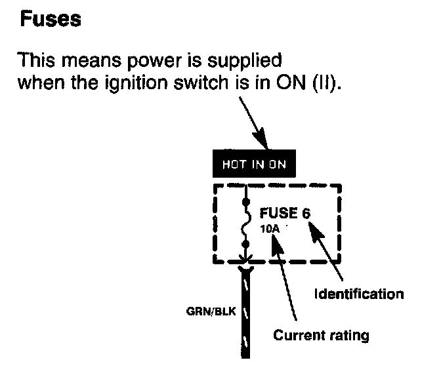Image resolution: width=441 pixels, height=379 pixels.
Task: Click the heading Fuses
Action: (50, 20)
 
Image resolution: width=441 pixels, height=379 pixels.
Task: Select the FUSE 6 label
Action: (285, 214)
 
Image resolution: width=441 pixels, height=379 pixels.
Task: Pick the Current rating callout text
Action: (321, 336)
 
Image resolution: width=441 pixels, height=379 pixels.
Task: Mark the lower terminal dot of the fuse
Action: (245, 243)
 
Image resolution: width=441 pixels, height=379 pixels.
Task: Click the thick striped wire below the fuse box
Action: (245, 315)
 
